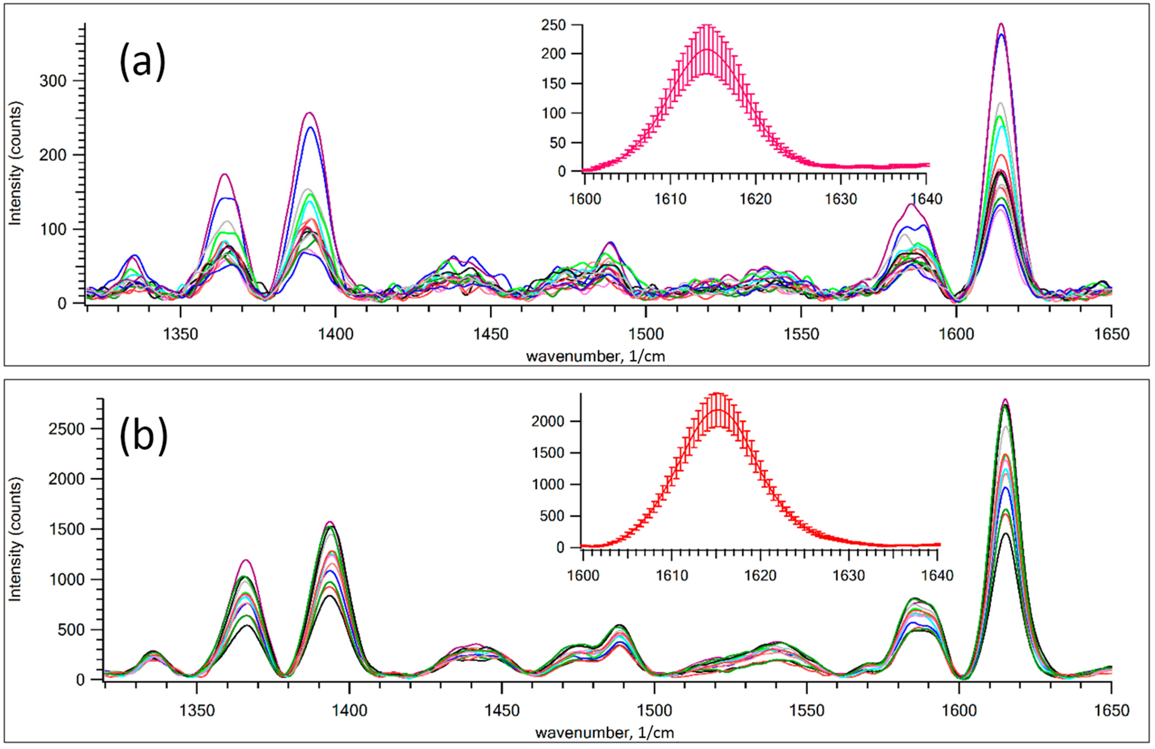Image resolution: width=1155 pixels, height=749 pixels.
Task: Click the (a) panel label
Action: coord(142,62)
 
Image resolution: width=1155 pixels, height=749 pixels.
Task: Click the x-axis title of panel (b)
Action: coord(605,733)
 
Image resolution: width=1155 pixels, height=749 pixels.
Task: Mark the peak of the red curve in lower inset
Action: coord(717,411)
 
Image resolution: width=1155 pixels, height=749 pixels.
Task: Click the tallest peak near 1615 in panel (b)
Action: coord(1005,400)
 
